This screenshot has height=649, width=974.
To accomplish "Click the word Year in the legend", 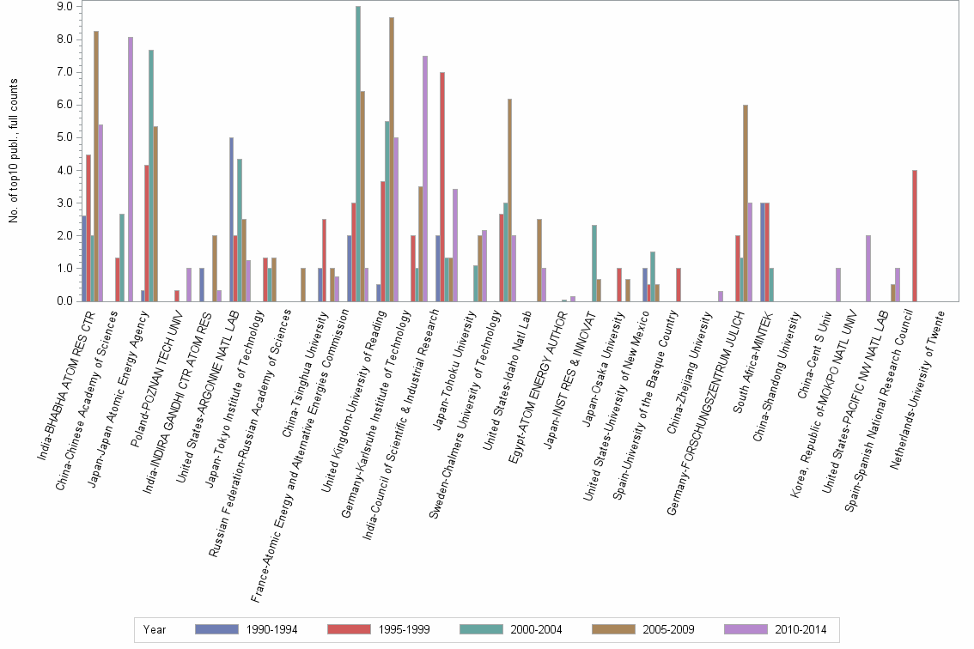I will click(x=155, y=629).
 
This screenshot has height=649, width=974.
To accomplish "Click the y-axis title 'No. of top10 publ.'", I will click(x=14, y=150).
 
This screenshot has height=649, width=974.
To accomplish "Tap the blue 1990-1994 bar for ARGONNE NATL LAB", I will click(x=231, y=219).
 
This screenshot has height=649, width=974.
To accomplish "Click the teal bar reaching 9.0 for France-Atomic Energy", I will click(x=358, y=154).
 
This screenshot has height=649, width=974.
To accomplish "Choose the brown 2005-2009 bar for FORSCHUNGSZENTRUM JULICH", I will click(x=746, y=203).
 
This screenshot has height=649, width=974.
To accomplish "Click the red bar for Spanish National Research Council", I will click(x=916, y=235).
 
